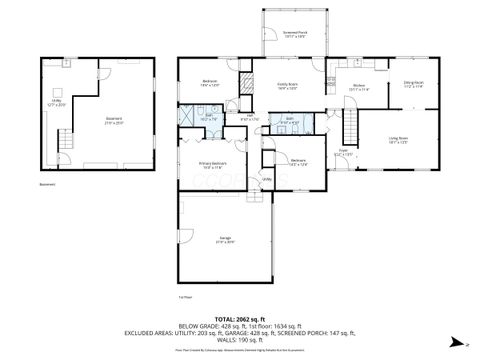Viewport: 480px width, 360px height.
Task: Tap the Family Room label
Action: tap(289, 87)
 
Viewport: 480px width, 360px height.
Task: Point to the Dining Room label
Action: tap(414, 84)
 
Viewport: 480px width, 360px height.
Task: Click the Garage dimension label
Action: tap(225, 241)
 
